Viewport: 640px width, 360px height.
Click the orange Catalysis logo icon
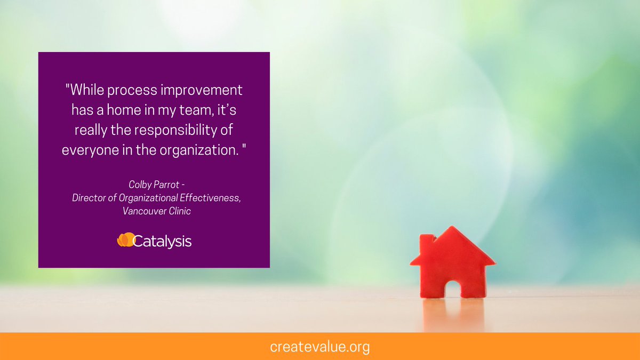coord(125,241)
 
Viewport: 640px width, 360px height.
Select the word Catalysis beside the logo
coord(162,242)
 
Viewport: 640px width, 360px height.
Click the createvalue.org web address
coord(319,347)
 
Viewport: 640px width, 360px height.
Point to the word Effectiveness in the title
coord(211,198)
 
